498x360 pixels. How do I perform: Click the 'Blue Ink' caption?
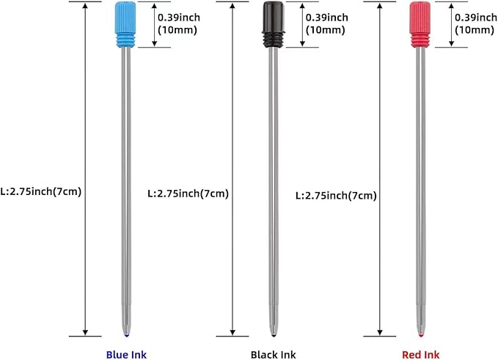[x=127, y=354]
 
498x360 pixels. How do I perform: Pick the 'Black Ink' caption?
[x=274, y=354]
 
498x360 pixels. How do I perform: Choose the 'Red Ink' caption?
[x=421, y=354]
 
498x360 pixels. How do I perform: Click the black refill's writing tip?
[x=274, y=334]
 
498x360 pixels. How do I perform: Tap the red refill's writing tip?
[x=420, y=334]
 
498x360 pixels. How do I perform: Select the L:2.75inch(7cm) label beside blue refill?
[x=41, y=192]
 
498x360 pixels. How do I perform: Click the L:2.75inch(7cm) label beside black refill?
[x=188, y=194]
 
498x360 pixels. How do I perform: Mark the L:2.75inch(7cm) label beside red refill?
[x=336, y=196]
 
